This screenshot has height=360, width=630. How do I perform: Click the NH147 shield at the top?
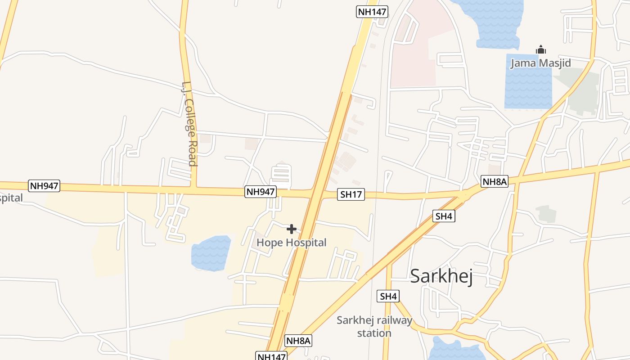click(372, 12)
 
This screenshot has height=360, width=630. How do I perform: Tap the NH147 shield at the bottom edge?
click(272, 356)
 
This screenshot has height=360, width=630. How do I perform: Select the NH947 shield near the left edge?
click(44, 185)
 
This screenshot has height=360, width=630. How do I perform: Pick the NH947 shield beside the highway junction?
click(260, 192)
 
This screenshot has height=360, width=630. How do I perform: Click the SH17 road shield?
click(351, 194)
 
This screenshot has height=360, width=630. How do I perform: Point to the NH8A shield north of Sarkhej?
click(494, 181)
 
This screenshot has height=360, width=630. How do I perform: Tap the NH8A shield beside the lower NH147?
click(298, 341)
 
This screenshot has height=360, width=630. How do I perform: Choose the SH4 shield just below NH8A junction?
click(444, 216)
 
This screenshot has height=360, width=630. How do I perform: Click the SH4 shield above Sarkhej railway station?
click(388, 296)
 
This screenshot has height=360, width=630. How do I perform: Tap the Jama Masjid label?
click(540, 63)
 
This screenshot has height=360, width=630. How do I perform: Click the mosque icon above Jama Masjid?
click(540, 49)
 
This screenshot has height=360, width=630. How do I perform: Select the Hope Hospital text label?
click(291, 243)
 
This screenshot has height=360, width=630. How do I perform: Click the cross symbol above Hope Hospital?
click(291, 229)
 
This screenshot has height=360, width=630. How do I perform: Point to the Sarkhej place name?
click(441, 276)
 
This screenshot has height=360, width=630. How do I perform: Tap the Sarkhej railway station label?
click(374, 327)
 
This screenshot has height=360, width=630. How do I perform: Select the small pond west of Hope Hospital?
click(211, 253)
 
